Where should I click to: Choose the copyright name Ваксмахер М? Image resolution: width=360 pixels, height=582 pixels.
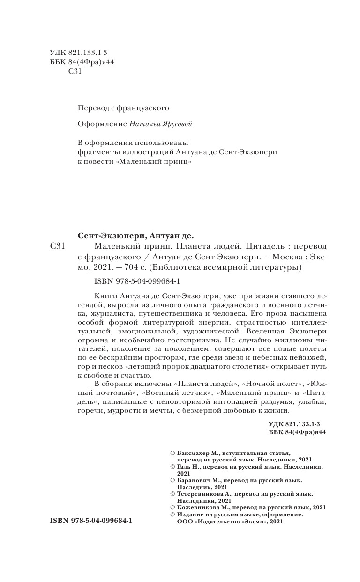(x=199, y=454)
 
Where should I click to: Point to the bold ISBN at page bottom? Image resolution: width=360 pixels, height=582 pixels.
(x=90, y=521)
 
